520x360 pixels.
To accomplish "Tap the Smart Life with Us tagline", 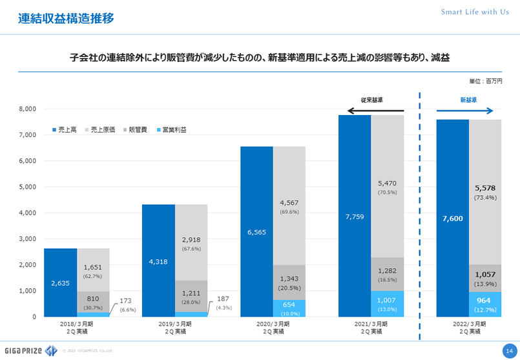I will click(x=474, y=12).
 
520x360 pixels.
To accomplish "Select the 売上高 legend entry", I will click(x=64, y=130).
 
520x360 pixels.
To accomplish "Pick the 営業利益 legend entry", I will click(x=172, y=130).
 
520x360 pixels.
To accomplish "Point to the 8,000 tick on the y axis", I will click(x=26, y=109).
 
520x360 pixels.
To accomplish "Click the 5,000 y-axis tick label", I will click(x=26, y=187).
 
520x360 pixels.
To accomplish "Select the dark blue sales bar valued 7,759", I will click(x=355, y=216).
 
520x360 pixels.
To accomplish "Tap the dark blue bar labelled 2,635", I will click(x=61, y=282).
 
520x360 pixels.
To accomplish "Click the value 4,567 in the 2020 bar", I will click(x=289, y=203).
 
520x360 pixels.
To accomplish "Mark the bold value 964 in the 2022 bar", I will click(x=484, y=301).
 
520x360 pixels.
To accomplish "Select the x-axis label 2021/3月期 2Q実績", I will click(x=371, y=326).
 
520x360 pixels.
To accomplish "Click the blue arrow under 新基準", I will click(x=466, y=111).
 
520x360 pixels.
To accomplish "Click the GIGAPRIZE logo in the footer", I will click(x=30, y=350).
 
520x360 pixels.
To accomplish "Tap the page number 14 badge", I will click(x=508, y=350).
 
